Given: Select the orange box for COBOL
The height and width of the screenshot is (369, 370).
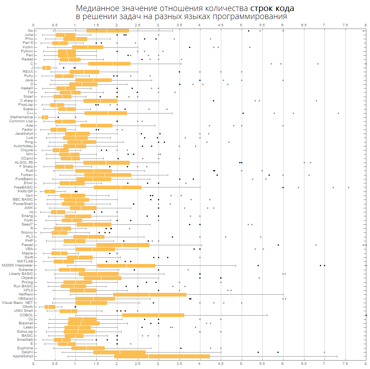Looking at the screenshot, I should click(153, 315).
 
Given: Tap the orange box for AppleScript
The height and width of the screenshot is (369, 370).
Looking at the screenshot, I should click(162, 356).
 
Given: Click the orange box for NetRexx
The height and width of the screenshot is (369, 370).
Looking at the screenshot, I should click(150, 294).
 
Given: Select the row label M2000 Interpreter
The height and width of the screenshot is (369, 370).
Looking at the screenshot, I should click(17, 265).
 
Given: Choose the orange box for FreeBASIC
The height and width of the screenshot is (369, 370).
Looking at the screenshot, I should click(118, 187).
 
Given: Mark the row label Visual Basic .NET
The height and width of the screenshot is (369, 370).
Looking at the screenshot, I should click(17, 303).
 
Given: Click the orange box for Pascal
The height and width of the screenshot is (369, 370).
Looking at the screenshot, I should click(123, 245).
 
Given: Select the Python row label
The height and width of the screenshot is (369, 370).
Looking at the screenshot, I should click(27, 51).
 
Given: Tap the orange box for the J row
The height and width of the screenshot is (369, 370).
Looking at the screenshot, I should click(47, 68).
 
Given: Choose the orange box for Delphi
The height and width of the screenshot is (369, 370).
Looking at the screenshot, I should click(119, 352).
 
